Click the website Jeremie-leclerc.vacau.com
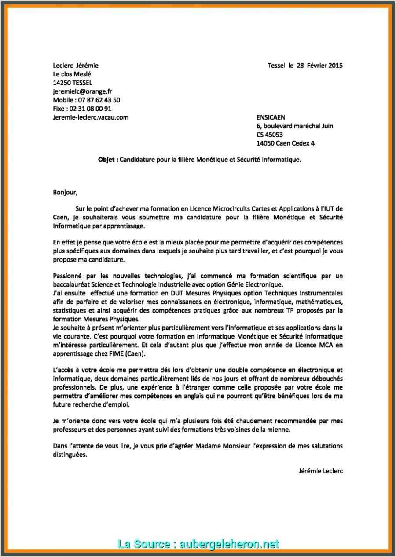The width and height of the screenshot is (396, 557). tap(91, 117)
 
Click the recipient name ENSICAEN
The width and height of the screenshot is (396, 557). tap(271, 117)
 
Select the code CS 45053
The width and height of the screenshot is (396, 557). tap(269, 135)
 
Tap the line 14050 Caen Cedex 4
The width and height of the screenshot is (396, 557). tap(285, 143)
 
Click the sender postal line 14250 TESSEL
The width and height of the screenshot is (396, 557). tap(73, 83)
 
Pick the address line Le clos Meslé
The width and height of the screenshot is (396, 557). tap(72, 74)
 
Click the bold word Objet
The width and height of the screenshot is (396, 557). tap(107, 160)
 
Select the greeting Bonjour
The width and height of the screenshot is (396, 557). tap(65, 192)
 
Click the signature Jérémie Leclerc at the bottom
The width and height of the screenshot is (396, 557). tap(320, 471)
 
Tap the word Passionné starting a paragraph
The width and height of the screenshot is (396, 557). tap(69, 276)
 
